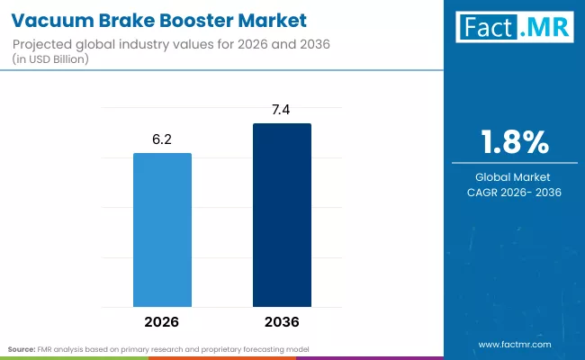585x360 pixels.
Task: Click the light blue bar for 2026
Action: tap(162, 229)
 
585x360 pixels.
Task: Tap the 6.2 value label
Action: tap(162, 141)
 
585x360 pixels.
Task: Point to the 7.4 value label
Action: tap(282, 111)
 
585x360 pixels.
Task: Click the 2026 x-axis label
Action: tap(162, 321)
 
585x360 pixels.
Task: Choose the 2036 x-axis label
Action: tap(282, 321)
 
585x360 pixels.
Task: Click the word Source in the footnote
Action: tap(22, 348)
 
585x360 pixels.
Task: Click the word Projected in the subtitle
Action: tap(45, 44)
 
